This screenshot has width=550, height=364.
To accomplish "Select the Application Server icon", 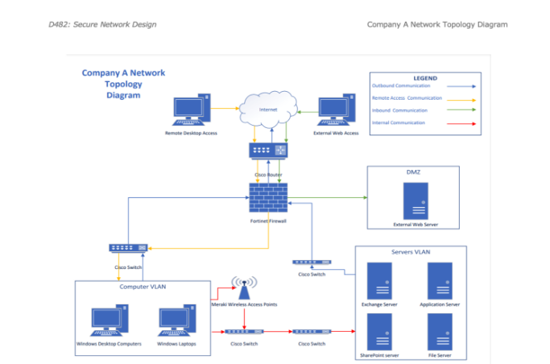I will point(440,281).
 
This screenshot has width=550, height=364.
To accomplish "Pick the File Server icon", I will point(440,331).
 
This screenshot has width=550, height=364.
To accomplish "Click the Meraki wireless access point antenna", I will point(243,285).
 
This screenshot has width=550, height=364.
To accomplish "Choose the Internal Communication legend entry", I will point(398,122).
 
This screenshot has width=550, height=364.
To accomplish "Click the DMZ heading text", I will point(414,172).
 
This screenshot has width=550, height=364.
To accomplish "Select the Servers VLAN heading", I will point(411,252).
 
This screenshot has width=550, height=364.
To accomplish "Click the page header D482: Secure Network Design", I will point(102,24).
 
